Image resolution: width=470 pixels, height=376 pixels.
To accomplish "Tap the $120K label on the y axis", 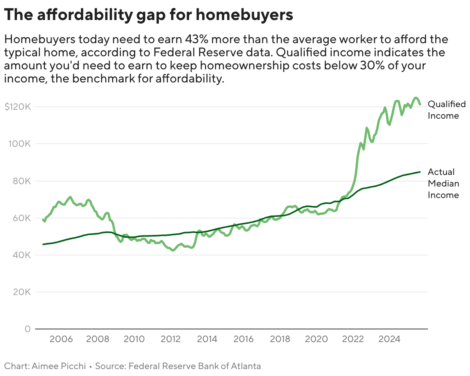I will point(17,107).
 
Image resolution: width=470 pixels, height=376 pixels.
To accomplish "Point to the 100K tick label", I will point(19,144).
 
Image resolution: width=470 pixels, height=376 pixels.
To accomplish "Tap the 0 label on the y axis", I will point(27,329).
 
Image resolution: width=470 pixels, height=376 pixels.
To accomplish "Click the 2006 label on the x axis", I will point(61,339).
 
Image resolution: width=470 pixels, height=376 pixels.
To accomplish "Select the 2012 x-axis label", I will point(171,339).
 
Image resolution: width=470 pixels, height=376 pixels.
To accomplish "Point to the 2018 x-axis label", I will point(280,339).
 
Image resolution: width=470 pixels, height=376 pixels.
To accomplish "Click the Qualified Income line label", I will point(446,110).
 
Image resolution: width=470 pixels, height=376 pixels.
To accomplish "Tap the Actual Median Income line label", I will point(443,183).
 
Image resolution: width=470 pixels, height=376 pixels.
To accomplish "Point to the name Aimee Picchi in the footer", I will point(62,366).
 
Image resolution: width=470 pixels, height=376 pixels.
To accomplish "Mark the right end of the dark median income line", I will point(420,172).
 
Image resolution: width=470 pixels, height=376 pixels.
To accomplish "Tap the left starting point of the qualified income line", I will point(43,220).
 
